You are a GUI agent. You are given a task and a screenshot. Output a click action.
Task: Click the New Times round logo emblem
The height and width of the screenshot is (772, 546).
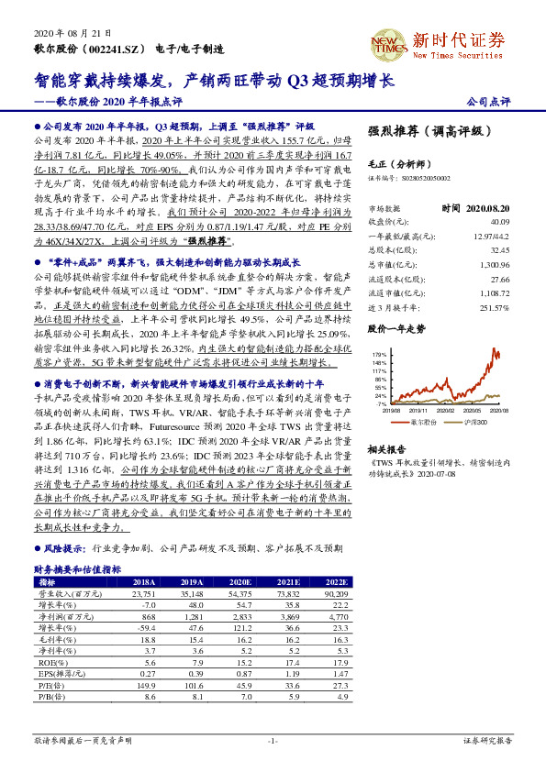[388, 43]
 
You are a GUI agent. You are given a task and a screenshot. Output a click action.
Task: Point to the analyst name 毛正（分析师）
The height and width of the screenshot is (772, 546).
[397, 162]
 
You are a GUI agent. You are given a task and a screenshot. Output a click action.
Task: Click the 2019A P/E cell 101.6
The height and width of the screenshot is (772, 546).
[190, 687]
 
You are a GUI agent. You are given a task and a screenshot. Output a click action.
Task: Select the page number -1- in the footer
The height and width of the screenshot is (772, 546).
[273, 740]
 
